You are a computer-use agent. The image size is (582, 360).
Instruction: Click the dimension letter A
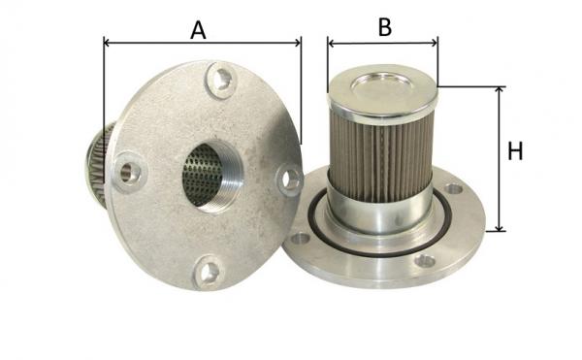[198, 30]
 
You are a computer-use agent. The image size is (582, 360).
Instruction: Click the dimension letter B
[385, 27]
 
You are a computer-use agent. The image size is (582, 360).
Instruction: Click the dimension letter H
[515, 151]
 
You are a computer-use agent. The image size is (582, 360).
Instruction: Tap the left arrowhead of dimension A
[107, 43]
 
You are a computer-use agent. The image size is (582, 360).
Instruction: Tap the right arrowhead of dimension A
[298, 43]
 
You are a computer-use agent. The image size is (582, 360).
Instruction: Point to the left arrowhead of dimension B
[332, 44]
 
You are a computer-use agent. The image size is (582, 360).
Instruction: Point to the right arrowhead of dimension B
[435, 44]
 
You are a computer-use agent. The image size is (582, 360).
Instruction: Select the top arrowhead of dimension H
[500, 89]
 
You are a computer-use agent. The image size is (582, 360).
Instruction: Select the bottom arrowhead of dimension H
[500, 228]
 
